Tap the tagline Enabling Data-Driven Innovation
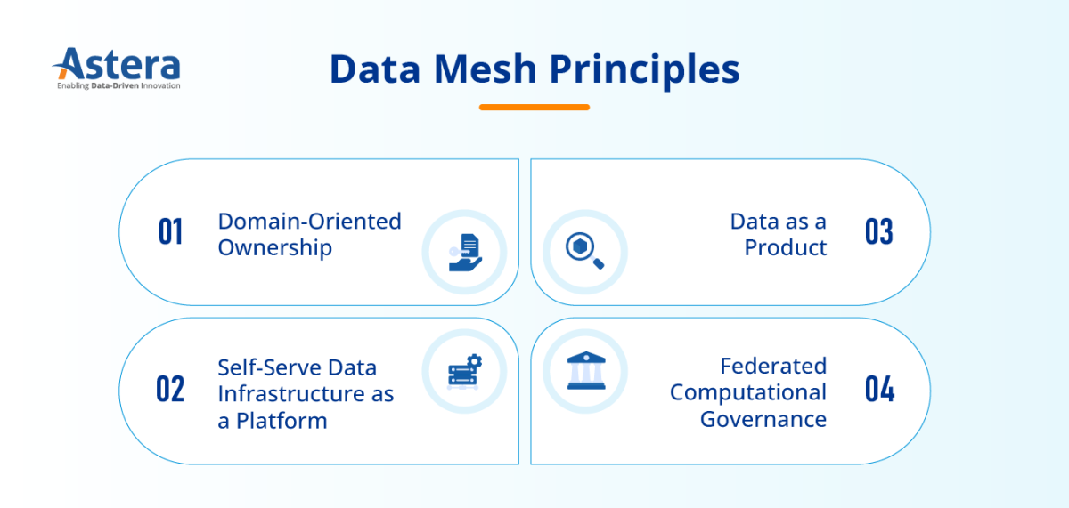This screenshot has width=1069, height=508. (x=118, y=86)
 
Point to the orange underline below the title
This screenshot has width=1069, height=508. (x=534, y=107)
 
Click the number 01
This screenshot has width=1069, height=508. (x=170, y=232)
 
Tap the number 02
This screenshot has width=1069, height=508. (x=170, y=390)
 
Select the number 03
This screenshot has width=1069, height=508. (x=878, y=232)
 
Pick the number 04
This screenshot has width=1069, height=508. (x=879, y=390)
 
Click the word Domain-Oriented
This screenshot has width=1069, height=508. (x=309, y=221)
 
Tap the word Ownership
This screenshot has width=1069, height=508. (x=274, y=247)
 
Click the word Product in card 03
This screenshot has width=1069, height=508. (x=786, y=247)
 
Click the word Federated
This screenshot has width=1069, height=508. (x=773, y=366)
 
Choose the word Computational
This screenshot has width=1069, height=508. (x=748, y=392)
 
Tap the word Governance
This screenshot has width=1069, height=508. (x=763, y=419)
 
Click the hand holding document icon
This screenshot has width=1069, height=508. (x=464, y=252)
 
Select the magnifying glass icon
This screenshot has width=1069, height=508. (x=585, y=251)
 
